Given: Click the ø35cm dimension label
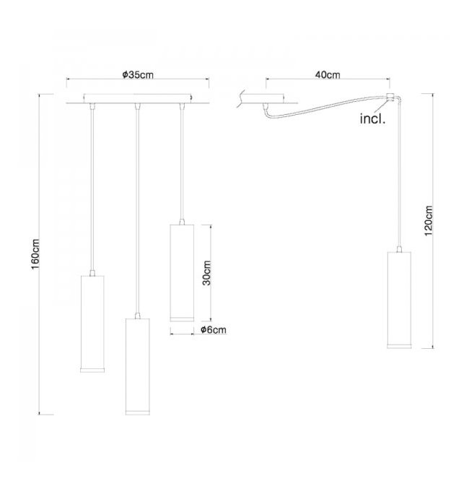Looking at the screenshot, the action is (x=138, y=75).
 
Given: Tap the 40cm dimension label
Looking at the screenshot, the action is (x=328, y=75).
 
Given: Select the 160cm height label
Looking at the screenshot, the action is (x=35, y=254).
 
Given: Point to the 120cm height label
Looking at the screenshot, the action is (x=429, y=221).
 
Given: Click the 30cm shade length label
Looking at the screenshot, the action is (x=206, y=273).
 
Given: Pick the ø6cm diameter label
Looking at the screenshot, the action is (x=214, y=329).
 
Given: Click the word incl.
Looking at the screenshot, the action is (x=373, y=119).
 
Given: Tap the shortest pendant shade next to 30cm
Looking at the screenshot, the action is (x=182, y=272).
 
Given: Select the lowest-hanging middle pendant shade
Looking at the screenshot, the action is (x=137, y=366).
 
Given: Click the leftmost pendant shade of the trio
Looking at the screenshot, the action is (x=92, y=324).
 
